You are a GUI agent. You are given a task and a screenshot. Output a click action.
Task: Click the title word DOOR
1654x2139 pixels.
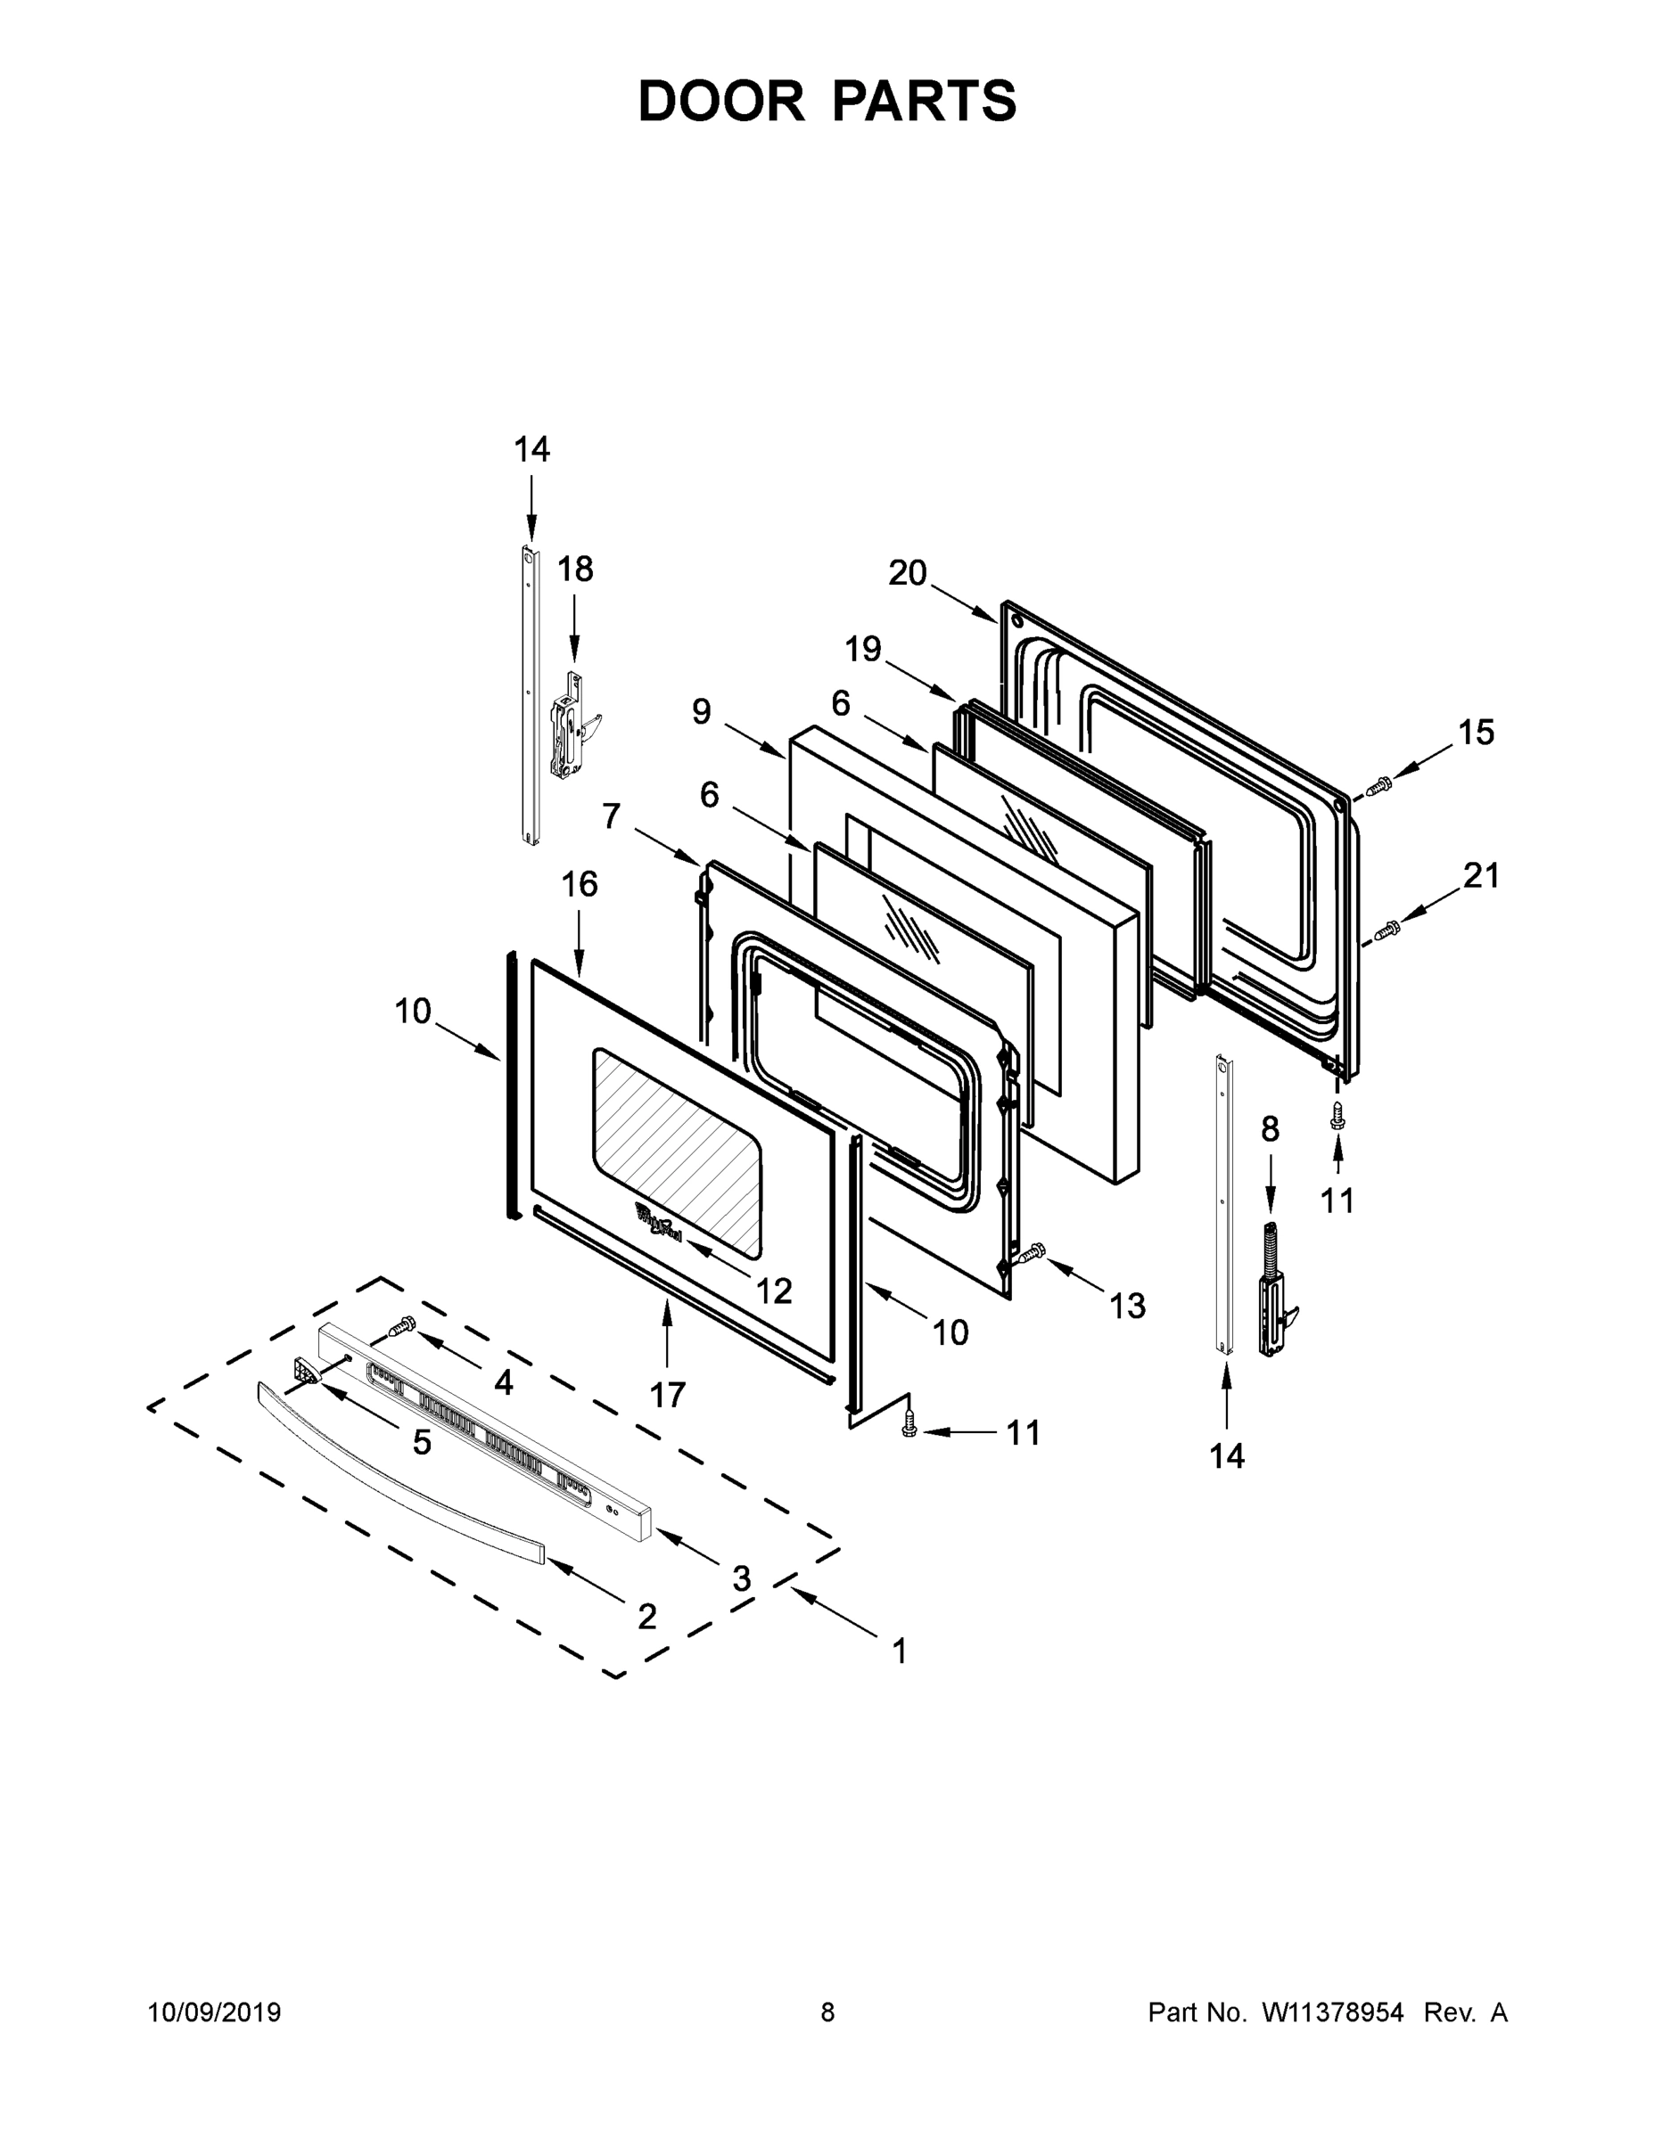721,102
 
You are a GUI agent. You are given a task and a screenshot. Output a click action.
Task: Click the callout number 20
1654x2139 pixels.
908,573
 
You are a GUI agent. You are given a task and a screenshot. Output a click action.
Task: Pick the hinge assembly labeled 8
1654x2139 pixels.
1273,1291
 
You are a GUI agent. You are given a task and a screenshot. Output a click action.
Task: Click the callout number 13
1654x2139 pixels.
1127,1306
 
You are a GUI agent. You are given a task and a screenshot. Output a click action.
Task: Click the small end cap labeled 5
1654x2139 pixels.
306,1373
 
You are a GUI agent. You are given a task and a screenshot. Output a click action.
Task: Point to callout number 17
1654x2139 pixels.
667,1394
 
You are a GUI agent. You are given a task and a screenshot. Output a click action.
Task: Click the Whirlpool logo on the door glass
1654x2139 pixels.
657,1222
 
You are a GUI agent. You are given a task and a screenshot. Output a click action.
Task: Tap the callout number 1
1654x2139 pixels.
900,1651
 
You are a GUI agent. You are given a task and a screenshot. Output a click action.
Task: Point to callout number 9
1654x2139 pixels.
701,712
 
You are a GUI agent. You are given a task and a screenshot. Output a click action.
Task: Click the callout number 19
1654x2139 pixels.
863,650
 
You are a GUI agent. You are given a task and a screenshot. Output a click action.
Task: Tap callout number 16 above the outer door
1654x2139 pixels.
579,884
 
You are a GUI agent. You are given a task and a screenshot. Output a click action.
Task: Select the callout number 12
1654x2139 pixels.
774,1291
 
